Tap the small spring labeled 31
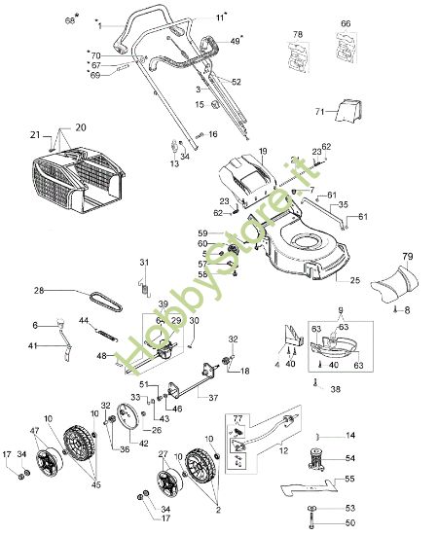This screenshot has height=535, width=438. tap(144, 283)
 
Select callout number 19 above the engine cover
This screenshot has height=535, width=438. tap(262, 152)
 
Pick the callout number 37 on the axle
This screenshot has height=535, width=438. tap(213, 397)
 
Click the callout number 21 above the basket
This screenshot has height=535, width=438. tap(34, 134)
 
